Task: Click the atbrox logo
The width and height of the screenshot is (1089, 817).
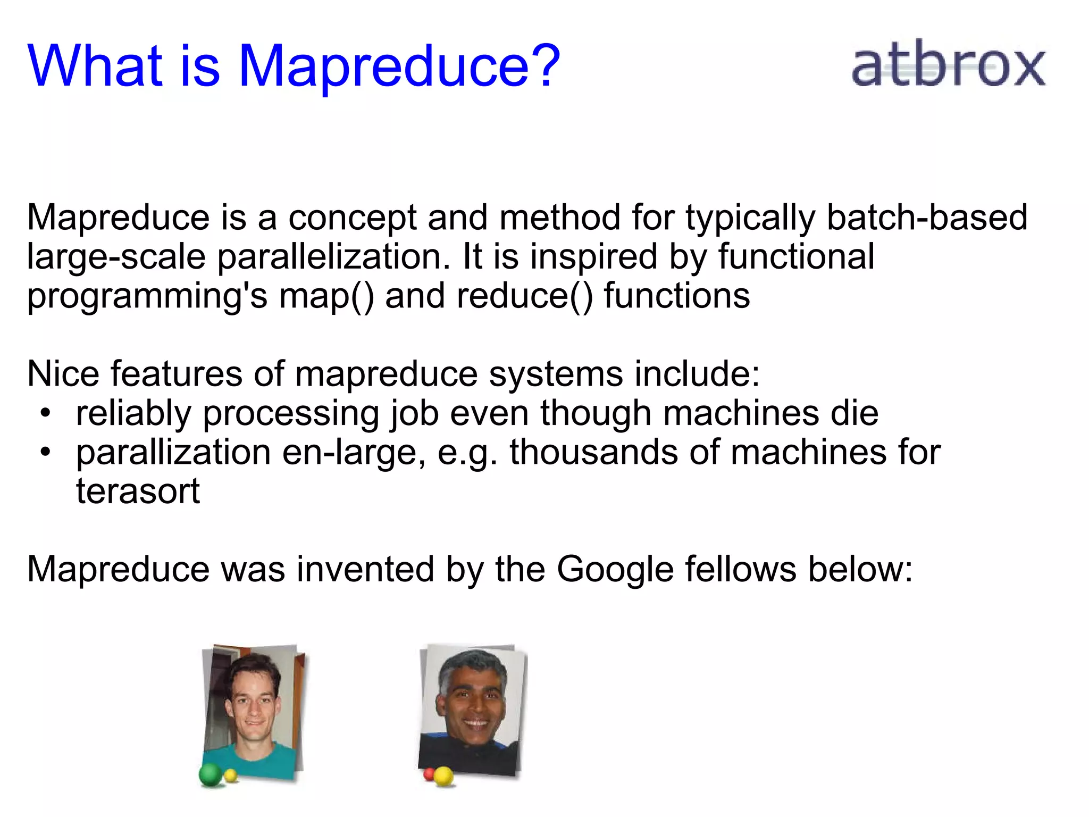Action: coord(949,65)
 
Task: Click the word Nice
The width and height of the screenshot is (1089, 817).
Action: coord(63,374)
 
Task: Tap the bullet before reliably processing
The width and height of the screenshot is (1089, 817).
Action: coord(46,413)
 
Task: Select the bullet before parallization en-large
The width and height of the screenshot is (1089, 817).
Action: coord(46,452)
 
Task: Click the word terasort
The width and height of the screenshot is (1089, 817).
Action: coord(138,491)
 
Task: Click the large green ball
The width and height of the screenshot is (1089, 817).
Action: coord(211,775)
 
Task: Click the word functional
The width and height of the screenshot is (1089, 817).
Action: coord(796,257)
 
